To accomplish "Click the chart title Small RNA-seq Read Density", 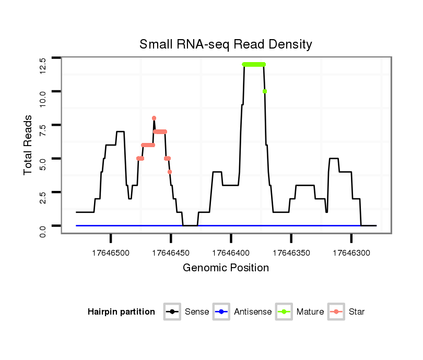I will (x=226, y=44).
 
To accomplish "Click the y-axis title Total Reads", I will (x=29, y=145).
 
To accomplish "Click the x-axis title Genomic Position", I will (x=226, y=268).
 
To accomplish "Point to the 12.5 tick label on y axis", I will (x=43, y=65).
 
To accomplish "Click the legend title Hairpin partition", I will (x=121, y=312).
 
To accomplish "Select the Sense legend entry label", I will (x=197, y=312).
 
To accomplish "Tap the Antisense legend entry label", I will (x=253, y=312).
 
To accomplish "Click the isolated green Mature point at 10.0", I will (x=265, y=91).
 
